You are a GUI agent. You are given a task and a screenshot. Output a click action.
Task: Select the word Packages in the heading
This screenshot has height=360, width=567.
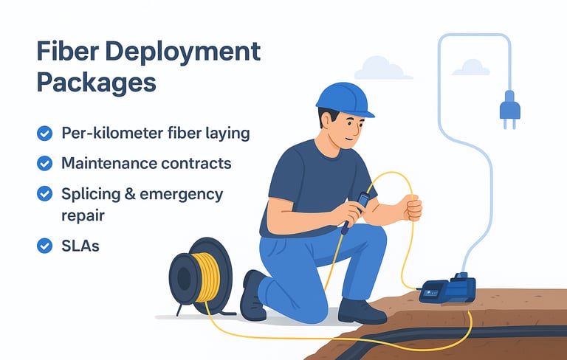[x=96, y=82]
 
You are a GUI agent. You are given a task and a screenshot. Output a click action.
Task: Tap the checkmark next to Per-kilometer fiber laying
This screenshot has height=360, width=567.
[x=44, y=134]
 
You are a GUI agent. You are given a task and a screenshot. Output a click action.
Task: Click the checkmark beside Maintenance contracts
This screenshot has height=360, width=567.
[x=44, y=163]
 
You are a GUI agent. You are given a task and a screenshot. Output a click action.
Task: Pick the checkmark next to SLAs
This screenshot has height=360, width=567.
[x=44, y=246]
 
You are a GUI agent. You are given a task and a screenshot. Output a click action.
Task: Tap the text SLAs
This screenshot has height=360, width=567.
[x=80, y=246]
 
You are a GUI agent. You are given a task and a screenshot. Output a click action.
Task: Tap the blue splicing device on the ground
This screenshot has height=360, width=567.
[x=444, y=288]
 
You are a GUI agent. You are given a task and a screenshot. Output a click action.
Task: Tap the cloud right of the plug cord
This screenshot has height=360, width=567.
[x=471, y=67]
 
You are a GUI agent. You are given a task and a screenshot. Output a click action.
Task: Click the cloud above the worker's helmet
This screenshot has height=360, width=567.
[x=382, y=68]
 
